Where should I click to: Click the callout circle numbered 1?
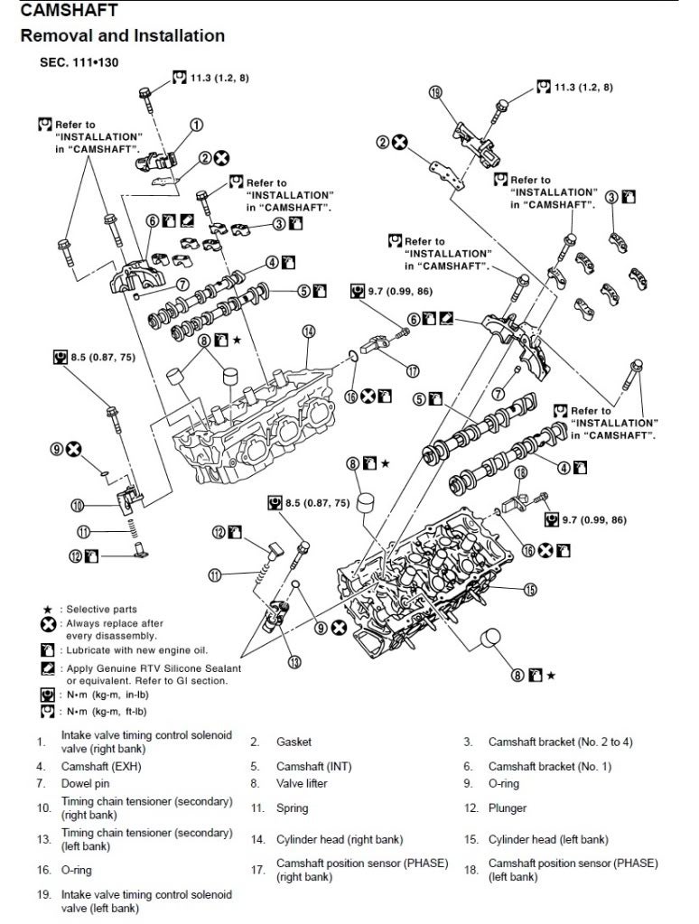click(x=195, y=125)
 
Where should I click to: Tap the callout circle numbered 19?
click(x=435, y=92)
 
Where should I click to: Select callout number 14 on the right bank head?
click(x=308, y=331)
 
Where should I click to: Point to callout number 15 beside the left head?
click(x=530, y=589)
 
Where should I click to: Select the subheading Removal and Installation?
click(x=122, y=36)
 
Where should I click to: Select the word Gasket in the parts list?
click(x=294, y=742)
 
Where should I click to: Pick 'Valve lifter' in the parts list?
click(x=302, y=783)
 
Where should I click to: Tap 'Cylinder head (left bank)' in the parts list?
click(x=547, y=840)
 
